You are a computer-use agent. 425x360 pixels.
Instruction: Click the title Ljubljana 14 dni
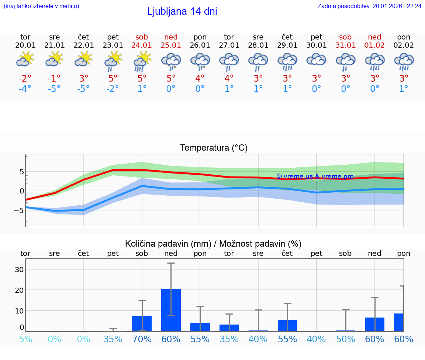click(x=182, y=11)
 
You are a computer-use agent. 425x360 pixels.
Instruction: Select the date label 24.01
click(x=142, y=45)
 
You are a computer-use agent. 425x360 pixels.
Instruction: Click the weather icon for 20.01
click(x=25, y=59)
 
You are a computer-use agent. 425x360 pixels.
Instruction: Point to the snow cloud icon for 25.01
click(x=171, y=61)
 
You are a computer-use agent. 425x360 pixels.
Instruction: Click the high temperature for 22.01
click(x=84, y=79)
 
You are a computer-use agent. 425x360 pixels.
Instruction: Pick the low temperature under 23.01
click(x=113, y=89)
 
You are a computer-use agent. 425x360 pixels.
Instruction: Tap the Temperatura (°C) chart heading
click(x=214, y=148)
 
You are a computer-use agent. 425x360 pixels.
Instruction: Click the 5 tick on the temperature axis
click(x=22, y=172)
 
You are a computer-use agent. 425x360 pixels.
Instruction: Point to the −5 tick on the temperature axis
click(x=20, y=210)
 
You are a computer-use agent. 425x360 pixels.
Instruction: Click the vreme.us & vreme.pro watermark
click(x=315, y=176)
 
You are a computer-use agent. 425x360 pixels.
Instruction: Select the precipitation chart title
click(x=213, y=244)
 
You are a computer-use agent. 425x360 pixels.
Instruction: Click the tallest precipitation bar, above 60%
click(x=171, y=310)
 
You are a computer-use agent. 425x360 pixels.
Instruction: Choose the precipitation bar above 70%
click(x=142, y=323)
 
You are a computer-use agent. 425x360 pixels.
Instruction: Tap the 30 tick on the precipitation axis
click(x=19, y=270)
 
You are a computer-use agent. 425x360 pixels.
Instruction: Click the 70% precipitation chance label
click(x=142, y=339)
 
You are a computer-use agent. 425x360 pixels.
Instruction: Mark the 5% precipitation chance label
click(x=25, y=339)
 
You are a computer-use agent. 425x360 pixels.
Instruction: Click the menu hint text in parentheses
click(x=41, y=6)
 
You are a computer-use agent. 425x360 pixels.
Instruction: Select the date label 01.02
click(x=374, y=45)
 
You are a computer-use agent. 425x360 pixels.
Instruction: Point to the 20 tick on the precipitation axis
click(x=19, y=290)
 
